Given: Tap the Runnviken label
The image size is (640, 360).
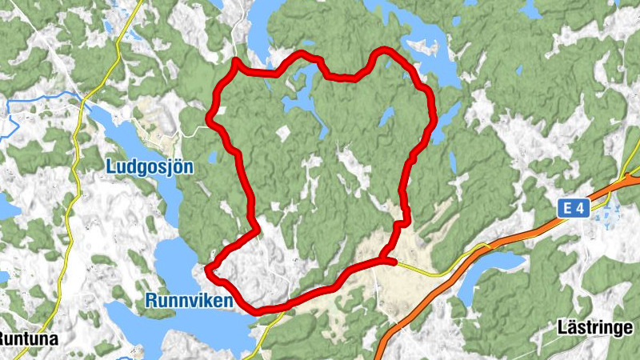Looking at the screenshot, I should pos(189,301).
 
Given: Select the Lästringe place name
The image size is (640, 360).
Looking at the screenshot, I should pos(594,327).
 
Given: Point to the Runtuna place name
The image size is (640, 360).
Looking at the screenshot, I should pos(27,338).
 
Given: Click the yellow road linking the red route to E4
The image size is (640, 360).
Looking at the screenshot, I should pos(432,272).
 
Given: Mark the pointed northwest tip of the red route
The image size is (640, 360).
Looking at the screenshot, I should pos(235,61).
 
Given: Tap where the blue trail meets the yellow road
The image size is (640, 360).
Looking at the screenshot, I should pos(82,99).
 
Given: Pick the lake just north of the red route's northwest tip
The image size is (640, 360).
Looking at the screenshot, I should pos(260,32).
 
